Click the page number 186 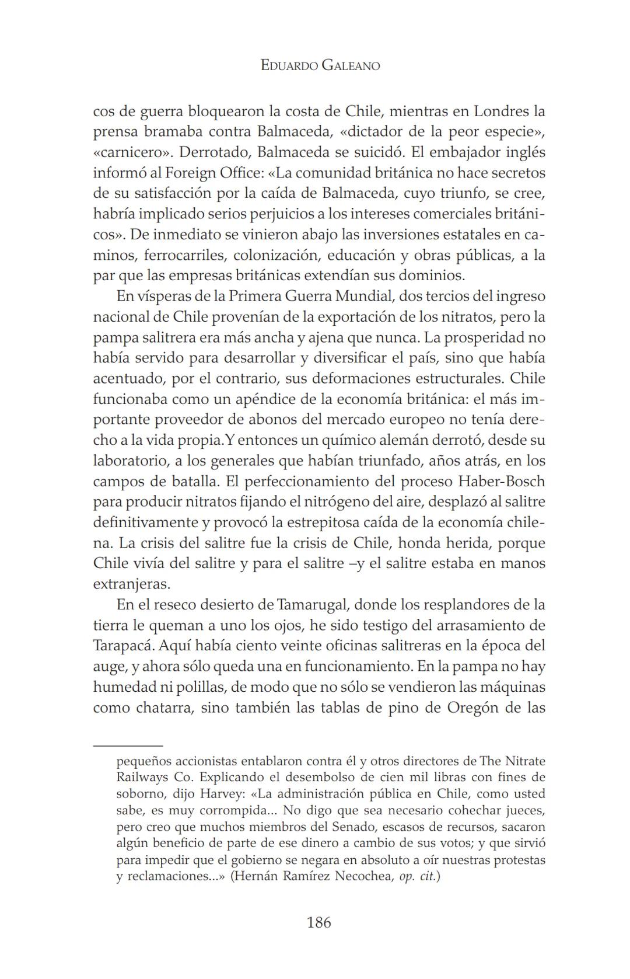(x=318, y=922)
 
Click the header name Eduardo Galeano (x=320, y=65)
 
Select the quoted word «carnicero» (x=131, y=152)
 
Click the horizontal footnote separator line (x=128, y=745)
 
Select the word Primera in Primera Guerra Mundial (x=254, y=296)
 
